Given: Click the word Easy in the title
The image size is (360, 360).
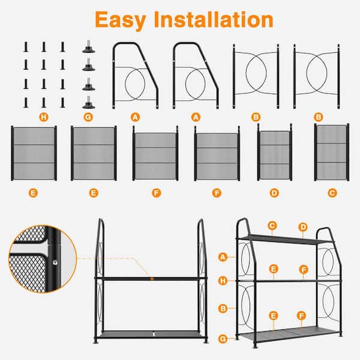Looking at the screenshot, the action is pos(121,20).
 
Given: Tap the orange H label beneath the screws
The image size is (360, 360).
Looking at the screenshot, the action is pos(44,118).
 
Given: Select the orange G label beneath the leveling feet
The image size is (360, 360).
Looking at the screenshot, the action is pos(88,118).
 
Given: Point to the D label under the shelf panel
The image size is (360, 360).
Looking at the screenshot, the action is pos(274,193).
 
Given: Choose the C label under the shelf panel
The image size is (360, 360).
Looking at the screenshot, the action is pos(332,193).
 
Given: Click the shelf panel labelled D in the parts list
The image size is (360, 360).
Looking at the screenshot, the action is pos(275,152).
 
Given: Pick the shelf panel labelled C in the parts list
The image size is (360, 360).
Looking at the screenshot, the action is pos(332,152).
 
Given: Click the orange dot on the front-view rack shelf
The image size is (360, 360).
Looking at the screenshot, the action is pos(152,279).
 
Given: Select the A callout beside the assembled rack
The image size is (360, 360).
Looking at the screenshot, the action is pos(223,257).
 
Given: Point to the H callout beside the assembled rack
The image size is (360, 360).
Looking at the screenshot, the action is pos(223,281).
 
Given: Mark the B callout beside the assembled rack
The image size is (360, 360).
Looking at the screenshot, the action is pos(223,308).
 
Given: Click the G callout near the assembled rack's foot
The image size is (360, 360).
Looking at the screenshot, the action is pos(223,339).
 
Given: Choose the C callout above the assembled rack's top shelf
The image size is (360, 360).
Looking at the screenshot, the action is pos(272,226).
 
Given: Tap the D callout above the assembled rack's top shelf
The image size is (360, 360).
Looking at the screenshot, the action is pos(303,227).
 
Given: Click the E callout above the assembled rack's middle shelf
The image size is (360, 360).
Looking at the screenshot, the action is pos(274,269).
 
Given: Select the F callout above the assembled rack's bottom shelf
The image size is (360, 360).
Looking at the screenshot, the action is pos(301,316).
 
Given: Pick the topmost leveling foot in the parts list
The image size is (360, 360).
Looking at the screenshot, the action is pos(89,47).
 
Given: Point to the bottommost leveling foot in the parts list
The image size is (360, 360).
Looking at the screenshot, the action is pos(89,103).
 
